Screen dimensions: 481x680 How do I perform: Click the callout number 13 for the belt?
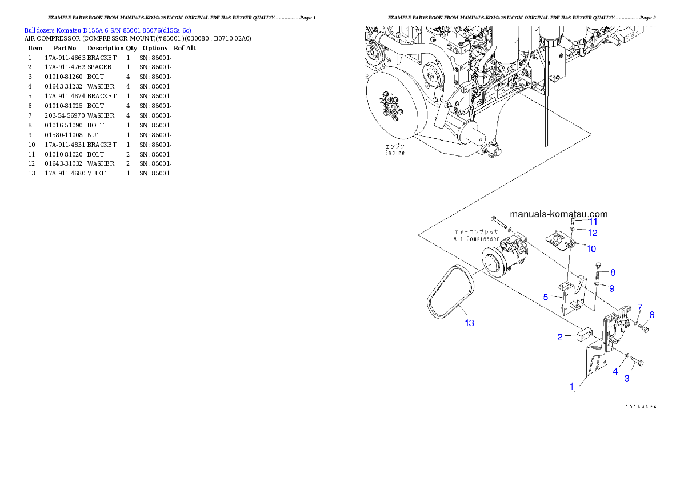click(x=469, y=323)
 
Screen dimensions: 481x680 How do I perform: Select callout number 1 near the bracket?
click(x=571, y=386)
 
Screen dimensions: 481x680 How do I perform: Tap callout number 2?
click(x=561, y=337)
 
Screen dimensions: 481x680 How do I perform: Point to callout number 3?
click(x=627, y=378)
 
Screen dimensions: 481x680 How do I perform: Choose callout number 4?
click(x=615, y=371)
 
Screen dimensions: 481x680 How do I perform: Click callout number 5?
click(x=546, y=297)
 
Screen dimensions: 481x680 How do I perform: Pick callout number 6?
click(x=651, y=315)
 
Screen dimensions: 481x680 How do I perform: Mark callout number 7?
click(x=640, y=307)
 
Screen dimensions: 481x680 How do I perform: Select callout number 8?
click(x=613, y=272)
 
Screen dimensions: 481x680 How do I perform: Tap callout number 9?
click(x=611, y=287)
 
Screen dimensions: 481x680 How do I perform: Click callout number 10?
click(x=591, y=248)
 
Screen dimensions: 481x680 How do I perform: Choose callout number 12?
click(x=593, y=233)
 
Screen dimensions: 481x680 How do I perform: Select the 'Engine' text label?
click(x=394, y=153)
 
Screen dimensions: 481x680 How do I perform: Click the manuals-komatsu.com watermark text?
click(x=558, y=214)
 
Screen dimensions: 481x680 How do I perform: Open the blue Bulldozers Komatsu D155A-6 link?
click(x=107, y=30)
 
